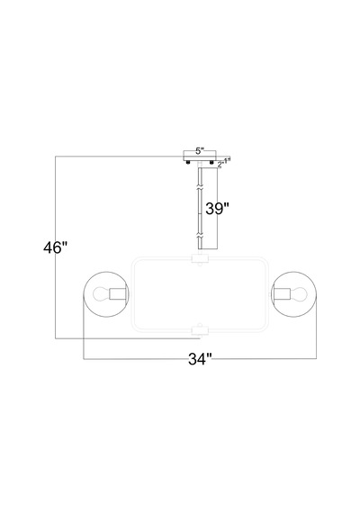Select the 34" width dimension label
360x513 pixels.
click(x=201, y=359)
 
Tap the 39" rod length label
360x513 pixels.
click(x=217, y=209)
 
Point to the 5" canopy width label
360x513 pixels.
click(x=200, y=151)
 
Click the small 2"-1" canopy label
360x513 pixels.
click(x=224, y=162)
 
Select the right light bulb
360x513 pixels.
click(x=299, y=293)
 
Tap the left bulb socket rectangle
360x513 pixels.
click(x=118, y=293)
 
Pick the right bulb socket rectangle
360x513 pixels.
click(x=282, y=293)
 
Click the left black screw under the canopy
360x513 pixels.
click(x=188, y=163)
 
